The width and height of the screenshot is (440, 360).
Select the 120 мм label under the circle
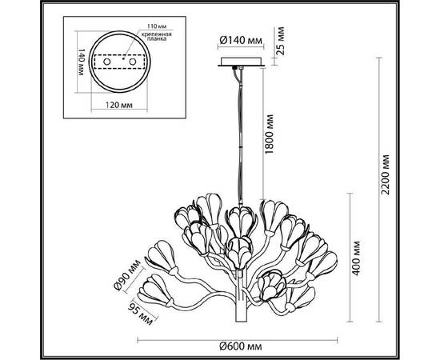(119, 105)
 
